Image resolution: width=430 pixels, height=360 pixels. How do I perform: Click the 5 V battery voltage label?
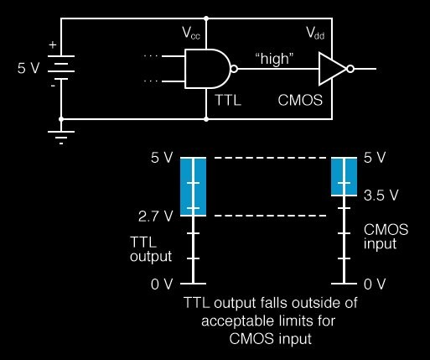coord(28,68)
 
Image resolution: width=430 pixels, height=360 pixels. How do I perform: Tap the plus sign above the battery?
coord(53,44)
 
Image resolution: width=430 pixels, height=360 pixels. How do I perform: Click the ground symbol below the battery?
coord(61,138)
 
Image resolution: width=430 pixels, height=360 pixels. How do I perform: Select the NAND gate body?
coord(207,69)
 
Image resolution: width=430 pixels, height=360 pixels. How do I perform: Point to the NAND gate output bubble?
coord(234,69)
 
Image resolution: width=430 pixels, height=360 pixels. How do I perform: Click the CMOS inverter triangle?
coord(333,69)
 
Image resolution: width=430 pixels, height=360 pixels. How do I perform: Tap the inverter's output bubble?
coord(350,69)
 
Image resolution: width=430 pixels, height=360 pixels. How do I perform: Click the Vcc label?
coord(191,33)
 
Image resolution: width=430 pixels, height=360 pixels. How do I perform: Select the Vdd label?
coord(315,33)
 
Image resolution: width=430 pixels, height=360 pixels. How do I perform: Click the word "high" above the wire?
coord(275,59)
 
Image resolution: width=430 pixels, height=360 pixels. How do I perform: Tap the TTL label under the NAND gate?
coord(228,100)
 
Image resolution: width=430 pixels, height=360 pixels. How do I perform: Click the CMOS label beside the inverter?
coord(300,100)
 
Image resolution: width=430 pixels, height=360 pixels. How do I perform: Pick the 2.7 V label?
coord(155,217)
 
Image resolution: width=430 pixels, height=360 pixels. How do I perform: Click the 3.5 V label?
coord(381,196)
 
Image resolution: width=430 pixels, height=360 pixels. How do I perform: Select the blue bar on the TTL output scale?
coord(193,186)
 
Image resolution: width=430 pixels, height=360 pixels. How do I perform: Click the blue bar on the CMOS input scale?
coord(344,176)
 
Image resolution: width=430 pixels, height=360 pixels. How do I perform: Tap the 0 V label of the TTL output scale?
coord(162,284)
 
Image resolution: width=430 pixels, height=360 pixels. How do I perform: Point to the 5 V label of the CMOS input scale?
coord(375,158)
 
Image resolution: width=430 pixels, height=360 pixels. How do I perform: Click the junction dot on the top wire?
coord(206,18)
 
